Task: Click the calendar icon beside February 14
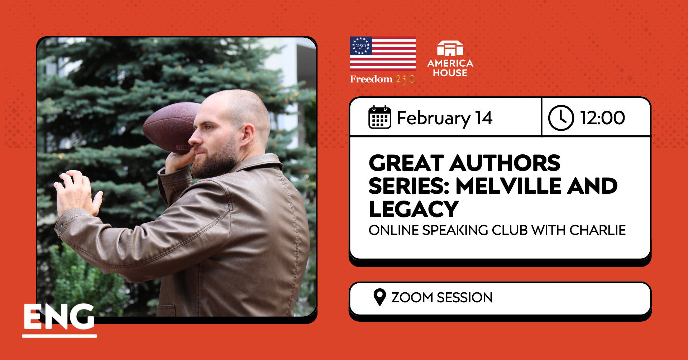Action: tap(379, 117)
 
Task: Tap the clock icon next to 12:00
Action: tap(561, 117)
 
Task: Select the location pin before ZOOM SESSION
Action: tap(379, 297)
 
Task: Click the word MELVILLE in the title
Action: tap(508, 186)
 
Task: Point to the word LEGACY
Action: tap(414, 209)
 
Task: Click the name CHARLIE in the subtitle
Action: tap(597, 230)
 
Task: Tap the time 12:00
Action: tap(602, 118)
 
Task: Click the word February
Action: tap(434, 119)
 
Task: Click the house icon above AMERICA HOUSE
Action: tap(450, 49)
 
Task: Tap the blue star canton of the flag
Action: tap(361, 46)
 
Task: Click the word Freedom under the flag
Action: tap(371, 79)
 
